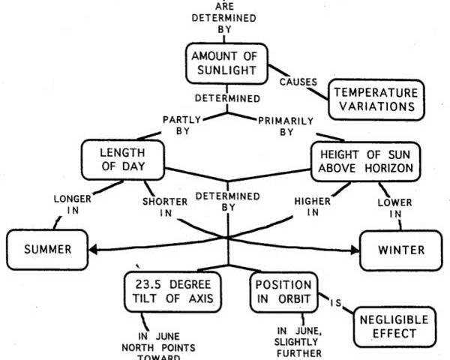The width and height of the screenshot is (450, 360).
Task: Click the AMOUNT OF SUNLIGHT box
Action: (x=226, y=64)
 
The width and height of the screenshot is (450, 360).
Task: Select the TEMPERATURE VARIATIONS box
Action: (x=376, y=100)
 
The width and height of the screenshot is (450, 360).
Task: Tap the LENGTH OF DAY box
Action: (x=123, y=160)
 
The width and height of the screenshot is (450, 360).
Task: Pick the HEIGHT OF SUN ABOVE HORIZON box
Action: (x=366, y=161)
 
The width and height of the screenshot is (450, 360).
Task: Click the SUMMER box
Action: (x=47, y=250)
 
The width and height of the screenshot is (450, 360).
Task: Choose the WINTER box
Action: (x=401, y=250)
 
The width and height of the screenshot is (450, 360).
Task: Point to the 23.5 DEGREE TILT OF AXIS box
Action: (x=172, y=292)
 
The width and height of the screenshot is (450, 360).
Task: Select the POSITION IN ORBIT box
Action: (x=283, y=292)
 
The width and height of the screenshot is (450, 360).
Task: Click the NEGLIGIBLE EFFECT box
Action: (x=394, y=327)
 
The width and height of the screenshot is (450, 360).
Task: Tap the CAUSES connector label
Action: (x=298, y=82)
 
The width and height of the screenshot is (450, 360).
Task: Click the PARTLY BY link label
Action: (x=182, y=125)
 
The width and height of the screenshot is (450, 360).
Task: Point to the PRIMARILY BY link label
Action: (x=286, y=126)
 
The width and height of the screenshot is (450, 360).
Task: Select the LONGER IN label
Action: (x=73, y=205)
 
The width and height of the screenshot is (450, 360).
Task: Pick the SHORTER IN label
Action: (x=165, y=207)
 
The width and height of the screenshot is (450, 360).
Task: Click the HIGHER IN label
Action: (x=313, y=207)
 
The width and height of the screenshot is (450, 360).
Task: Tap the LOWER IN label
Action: (x=395, y=208)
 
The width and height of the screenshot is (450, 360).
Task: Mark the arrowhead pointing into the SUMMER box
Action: (x=93, y=250)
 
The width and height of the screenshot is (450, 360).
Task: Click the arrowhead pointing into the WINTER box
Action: (x=355, y=250)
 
